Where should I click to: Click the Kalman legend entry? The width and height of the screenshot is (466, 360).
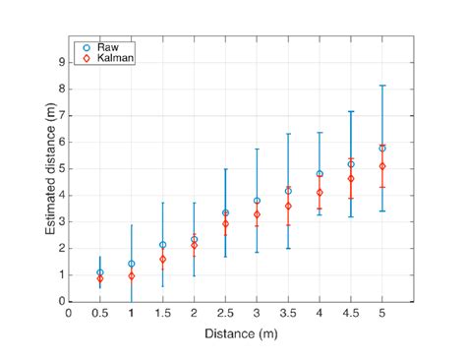112,58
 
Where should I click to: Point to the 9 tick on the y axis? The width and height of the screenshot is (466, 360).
61,61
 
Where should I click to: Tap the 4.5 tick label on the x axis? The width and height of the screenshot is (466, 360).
350,313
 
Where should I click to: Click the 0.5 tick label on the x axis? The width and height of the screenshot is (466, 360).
99,313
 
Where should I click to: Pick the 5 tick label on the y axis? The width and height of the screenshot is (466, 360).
61,168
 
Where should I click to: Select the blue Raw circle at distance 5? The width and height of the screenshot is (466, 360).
381,149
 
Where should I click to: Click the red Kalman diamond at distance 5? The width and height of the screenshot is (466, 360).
381,166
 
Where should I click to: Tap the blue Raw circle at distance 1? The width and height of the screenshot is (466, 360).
131,264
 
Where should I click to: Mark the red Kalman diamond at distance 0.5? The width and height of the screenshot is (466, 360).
99,279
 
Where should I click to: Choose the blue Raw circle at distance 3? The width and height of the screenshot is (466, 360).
257,201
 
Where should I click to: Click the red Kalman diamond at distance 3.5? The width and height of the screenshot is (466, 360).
288,206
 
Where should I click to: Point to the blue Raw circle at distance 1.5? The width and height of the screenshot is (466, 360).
162,245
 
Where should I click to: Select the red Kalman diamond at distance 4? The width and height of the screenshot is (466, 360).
320,193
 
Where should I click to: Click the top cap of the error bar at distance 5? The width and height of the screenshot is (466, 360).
381,86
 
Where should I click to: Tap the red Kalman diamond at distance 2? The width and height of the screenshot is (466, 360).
194,245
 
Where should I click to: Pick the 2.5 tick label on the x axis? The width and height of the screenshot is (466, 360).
225,313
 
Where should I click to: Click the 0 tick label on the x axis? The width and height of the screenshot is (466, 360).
68,313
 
